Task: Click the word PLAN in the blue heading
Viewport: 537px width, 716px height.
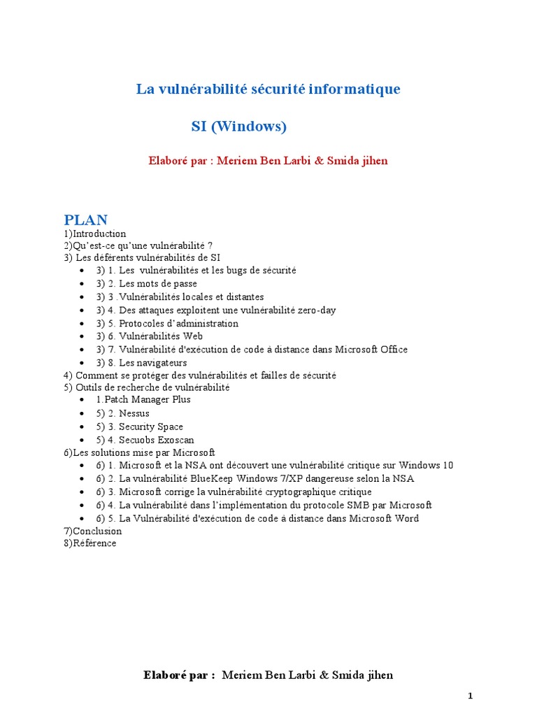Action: (x=85, y=220)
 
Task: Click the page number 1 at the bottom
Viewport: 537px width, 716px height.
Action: (x=471, y=696)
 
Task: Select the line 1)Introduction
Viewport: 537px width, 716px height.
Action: (x=94, y=234)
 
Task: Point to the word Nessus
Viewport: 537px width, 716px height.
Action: (x=134, y=413)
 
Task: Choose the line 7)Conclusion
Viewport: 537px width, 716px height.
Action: (x=92, y=531)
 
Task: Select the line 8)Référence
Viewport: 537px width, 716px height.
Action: (x=89, y=543)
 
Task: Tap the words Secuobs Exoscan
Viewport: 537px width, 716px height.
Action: (x=157, y=440)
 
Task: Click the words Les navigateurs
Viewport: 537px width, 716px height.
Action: (x=153, y=362)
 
